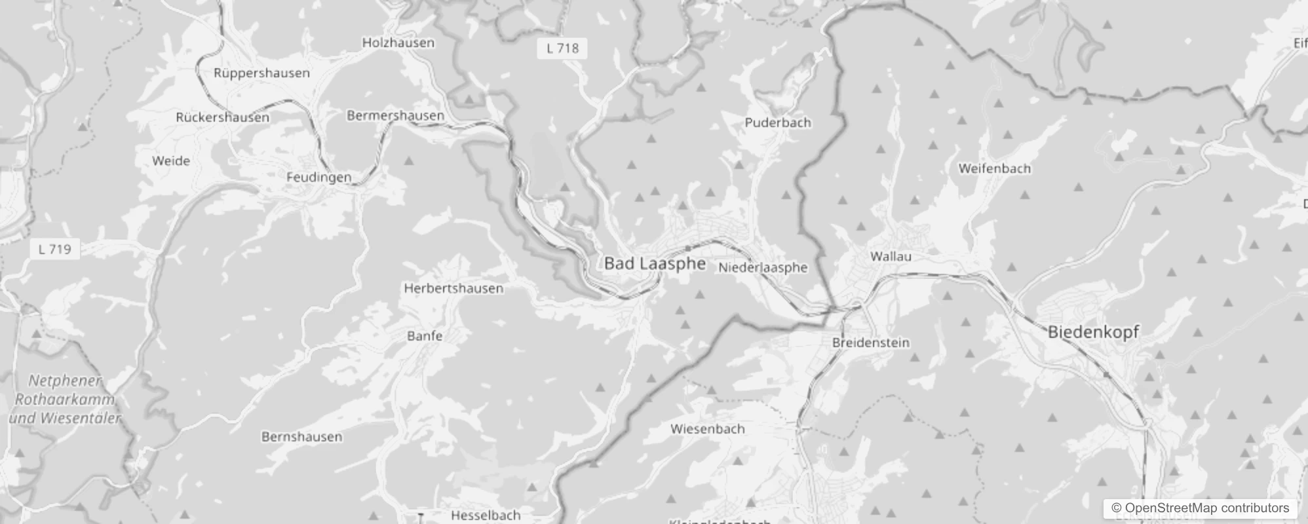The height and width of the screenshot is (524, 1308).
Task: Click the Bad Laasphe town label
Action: coord(655,263)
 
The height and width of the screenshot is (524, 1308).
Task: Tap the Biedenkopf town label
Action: coord(1093,331)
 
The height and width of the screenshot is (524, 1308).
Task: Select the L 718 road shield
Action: coord(562,48)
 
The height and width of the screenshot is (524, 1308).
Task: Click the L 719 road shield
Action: coord(54,249)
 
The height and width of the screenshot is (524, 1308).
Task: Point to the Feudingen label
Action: coord(318,177)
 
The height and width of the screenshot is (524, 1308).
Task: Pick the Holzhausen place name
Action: coord(398,43)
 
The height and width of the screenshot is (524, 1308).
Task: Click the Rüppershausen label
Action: coord(261,73)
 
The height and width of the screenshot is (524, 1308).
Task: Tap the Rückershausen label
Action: coord(222,117)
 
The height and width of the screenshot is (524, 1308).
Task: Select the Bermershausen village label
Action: coord(395,115)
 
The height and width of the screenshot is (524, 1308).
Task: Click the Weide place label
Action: coord(170,160)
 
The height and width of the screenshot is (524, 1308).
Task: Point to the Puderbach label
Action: coord(777,122)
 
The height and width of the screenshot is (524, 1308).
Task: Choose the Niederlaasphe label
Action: coord(763,267)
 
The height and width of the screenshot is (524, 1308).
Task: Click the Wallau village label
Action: coord(891,256)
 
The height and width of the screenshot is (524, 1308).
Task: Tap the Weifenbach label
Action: coord(994,168)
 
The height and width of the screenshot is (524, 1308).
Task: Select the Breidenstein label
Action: coord(870,343)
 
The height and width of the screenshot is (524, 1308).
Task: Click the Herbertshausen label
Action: coord(453,288)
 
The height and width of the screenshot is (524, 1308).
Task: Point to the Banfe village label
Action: coord(425,336)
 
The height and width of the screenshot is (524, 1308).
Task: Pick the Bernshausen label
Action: coord(301,437)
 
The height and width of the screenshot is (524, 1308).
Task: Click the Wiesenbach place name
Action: coord(707,429)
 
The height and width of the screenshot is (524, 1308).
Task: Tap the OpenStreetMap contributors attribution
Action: coord(1199,508)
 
